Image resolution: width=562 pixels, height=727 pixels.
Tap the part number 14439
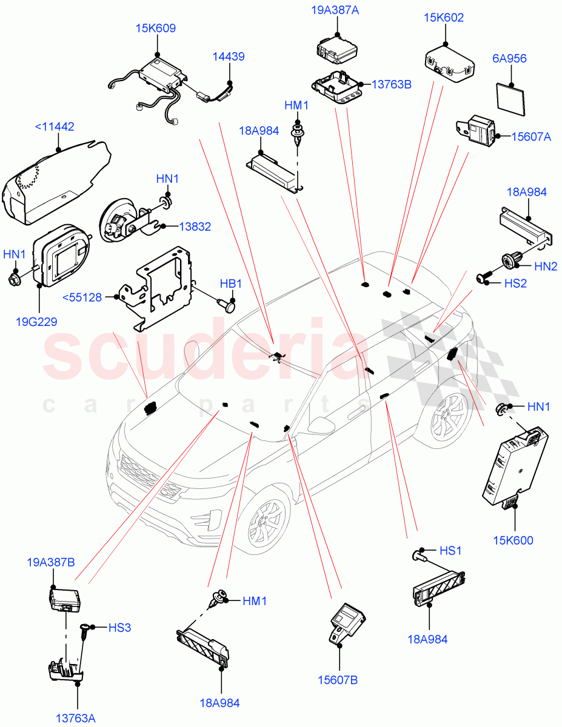[229, 57]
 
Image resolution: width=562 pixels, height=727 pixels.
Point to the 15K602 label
[443, 18]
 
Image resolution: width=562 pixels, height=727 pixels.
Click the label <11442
[55, 127]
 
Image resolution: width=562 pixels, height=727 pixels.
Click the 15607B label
[338, 680]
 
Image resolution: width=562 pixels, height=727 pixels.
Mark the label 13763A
[76, 719]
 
